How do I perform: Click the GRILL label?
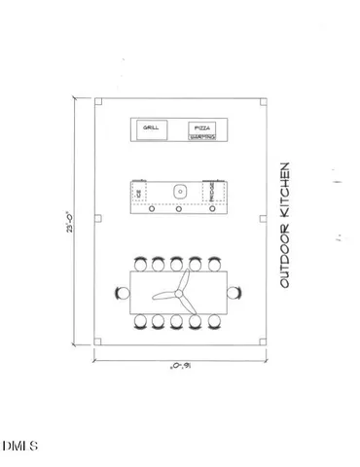[x=152, y=127]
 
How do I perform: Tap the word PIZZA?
[x=201, y=128]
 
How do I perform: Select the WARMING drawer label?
[x=201, y=138]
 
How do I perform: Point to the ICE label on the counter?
[x=139, y=195]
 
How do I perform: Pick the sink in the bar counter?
[x=178, y=191]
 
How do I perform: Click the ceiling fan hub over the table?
[x=180, y=292]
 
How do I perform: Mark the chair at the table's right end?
[x=235, y=291]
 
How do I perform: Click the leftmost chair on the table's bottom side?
[x=141, y=321]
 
